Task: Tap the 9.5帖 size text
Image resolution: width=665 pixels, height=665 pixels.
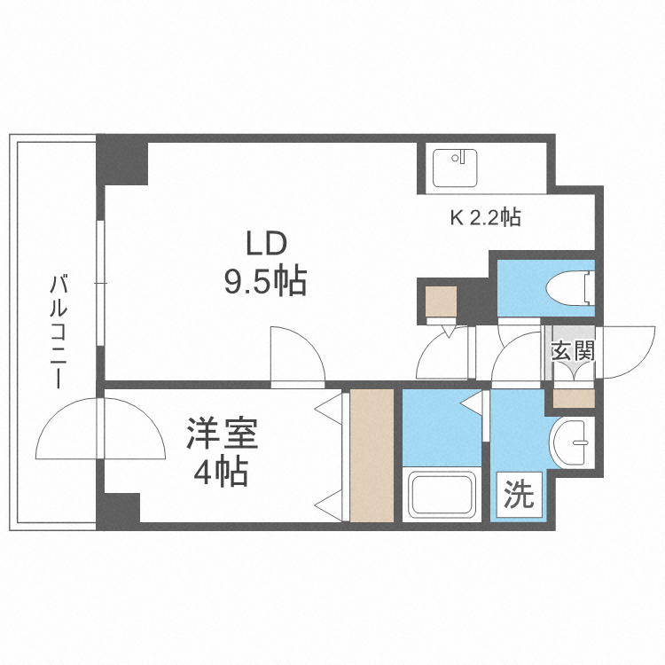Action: point(264,282)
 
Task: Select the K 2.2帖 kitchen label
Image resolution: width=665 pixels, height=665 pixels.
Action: point(485,217)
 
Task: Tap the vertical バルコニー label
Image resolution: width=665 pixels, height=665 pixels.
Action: point(59,332)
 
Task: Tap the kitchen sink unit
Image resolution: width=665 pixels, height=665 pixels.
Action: point(456,167)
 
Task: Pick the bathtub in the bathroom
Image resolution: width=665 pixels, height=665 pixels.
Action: point(442,497)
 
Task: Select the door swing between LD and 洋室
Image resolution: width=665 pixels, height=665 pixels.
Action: point(297,355)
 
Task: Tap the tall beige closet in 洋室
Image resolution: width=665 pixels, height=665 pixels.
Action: point(372,455)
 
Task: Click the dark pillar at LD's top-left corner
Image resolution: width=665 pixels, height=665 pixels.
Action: point(122,160)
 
